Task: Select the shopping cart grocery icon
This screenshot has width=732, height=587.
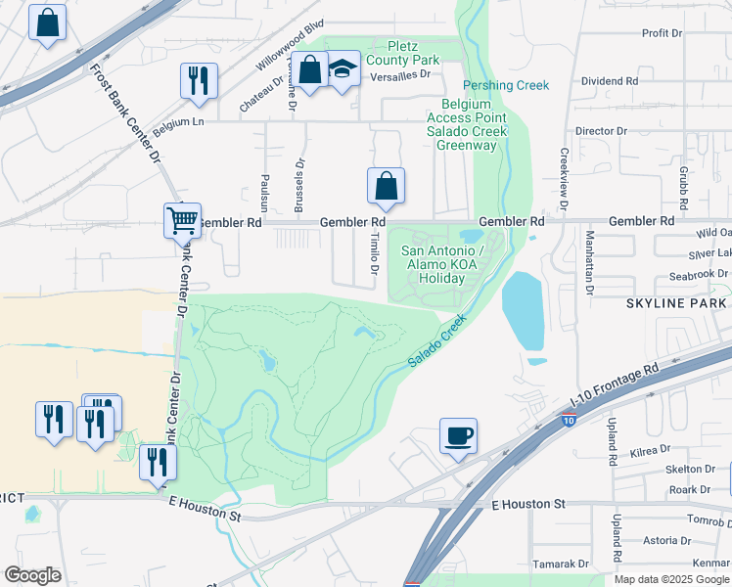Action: point(183,221)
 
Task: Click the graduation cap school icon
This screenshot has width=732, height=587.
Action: point(342,70)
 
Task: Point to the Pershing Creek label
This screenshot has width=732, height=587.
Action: point(506,85)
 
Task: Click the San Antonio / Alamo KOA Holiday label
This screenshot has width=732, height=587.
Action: point(441,264)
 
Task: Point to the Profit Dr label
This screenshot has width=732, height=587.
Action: point(662,33)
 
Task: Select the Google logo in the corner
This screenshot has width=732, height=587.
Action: point(32,575)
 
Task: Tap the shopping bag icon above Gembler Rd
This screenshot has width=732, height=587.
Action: point(386,186)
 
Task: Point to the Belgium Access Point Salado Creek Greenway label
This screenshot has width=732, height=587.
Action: point(467,124)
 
